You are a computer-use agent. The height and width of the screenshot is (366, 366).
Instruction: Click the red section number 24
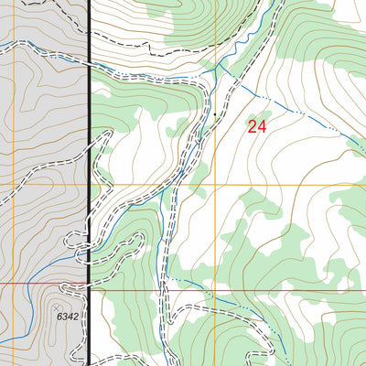click(256, 127)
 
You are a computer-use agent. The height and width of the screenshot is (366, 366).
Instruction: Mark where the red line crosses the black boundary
click(90, 284)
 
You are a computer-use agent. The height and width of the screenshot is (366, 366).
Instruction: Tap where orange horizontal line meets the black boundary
click(90, 185)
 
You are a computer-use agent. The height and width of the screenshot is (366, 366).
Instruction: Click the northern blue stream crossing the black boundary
click(90, 65)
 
